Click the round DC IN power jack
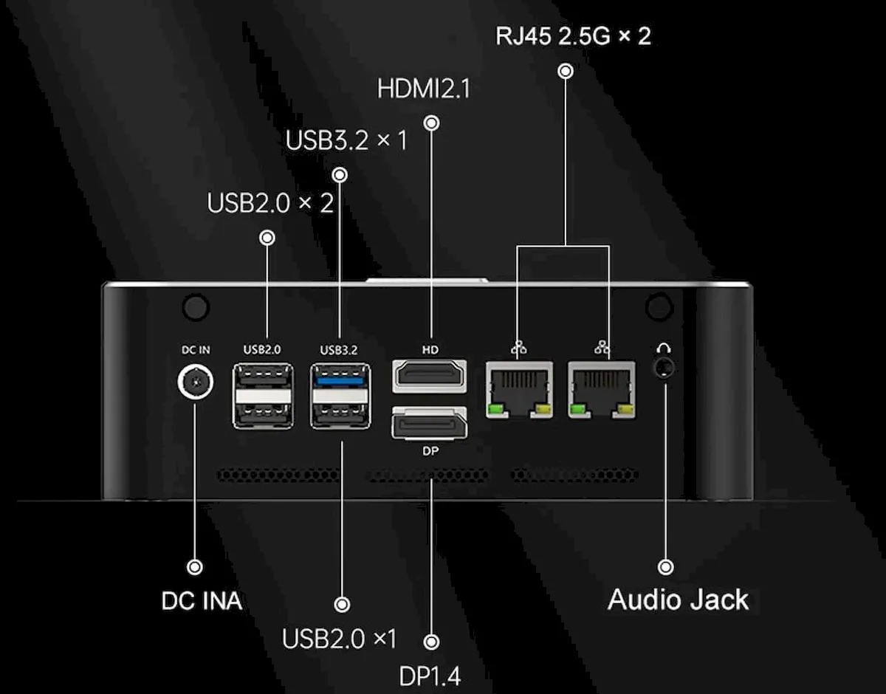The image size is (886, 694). click(x=196, y=382)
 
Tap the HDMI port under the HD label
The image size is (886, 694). click(x=430, y=376)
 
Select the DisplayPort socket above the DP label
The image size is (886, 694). click(x=430, y=423)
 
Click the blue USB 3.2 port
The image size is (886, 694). click(x=340, y=381)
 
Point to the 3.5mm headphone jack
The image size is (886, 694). click(x=664, y=367)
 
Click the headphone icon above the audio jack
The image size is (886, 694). click(x=664, y=348)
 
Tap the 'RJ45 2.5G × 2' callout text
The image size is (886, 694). click(x=573, y=36)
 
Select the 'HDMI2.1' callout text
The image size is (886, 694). click(x=424, y=89)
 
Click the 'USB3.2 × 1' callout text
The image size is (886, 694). click(x=346, y=140)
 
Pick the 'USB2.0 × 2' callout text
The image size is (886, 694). click(x=270, y=203)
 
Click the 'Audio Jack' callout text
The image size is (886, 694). click(x=679, y=599)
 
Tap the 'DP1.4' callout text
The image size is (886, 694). click(x=430, y=677)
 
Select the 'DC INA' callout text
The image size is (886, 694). click(x=202, y=601)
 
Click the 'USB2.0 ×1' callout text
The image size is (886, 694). click(x=339, y=639)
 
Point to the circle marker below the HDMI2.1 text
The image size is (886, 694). click(x=432, y=123)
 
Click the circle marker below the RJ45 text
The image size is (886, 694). click(x=566, y=72)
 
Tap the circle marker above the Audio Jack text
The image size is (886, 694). click(x=666, y=567)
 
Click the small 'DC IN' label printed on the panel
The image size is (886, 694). click(x=196, y=350)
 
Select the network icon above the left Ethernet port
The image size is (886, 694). click(x=518, y=348)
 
